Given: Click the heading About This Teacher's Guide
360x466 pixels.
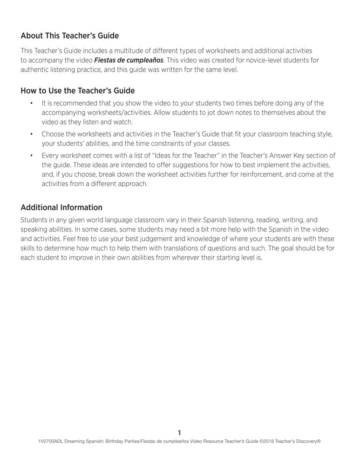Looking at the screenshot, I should click(x=69, y=36).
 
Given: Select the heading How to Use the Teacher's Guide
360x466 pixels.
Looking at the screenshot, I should click(x=77, y=90).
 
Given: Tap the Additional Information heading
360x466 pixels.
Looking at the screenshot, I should click(x=61, y=207).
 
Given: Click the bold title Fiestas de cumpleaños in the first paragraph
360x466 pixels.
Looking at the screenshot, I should click(x=129, y=60).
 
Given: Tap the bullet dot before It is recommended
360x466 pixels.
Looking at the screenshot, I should click(x=31, y=103).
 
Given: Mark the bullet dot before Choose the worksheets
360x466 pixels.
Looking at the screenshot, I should click(x=31, y=134).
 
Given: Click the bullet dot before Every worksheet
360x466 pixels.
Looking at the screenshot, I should click(x=31, y=156).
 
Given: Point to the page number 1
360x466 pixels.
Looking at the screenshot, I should click(x=180, y=432).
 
